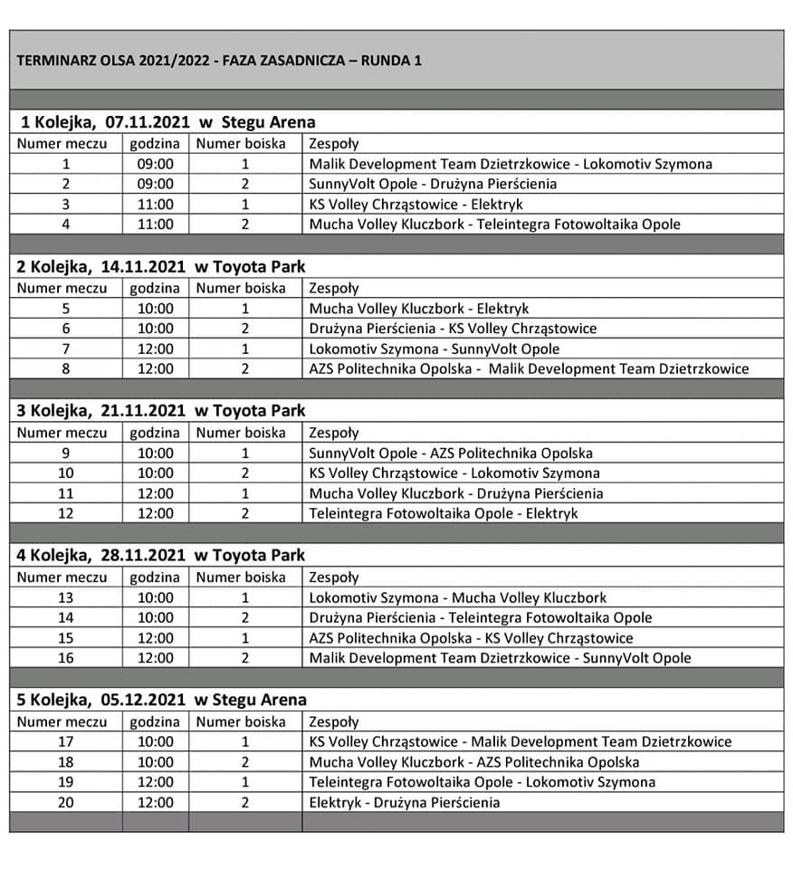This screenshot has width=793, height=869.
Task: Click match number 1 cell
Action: [x=66, y=164]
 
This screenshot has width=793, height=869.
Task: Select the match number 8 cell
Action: [x=66, y=368]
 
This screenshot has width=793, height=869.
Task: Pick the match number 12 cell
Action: [x=66, y=513]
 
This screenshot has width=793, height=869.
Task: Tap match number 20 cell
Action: [x=66, y=802]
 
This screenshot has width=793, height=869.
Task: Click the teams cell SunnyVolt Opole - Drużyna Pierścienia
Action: [x=433, y=184]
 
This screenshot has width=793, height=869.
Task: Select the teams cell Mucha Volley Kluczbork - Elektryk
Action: [x=419, y=309]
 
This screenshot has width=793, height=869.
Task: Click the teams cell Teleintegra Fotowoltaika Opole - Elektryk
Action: [x=444, y=513]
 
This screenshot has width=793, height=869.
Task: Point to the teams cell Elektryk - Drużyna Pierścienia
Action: [x=405, y=802]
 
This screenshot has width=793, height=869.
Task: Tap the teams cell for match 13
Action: [x=458, y=597]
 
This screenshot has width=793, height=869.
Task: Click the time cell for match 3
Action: [x=156, y=205]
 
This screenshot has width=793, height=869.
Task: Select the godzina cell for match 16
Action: [x=156, y=658]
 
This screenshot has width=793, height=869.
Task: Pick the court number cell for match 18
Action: [x=245, y=762]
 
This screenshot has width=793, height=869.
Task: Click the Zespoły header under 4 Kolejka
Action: [x=334, y=578]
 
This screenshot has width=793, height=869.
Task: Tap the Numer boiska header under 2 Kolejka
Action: [x=241, y=288]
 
